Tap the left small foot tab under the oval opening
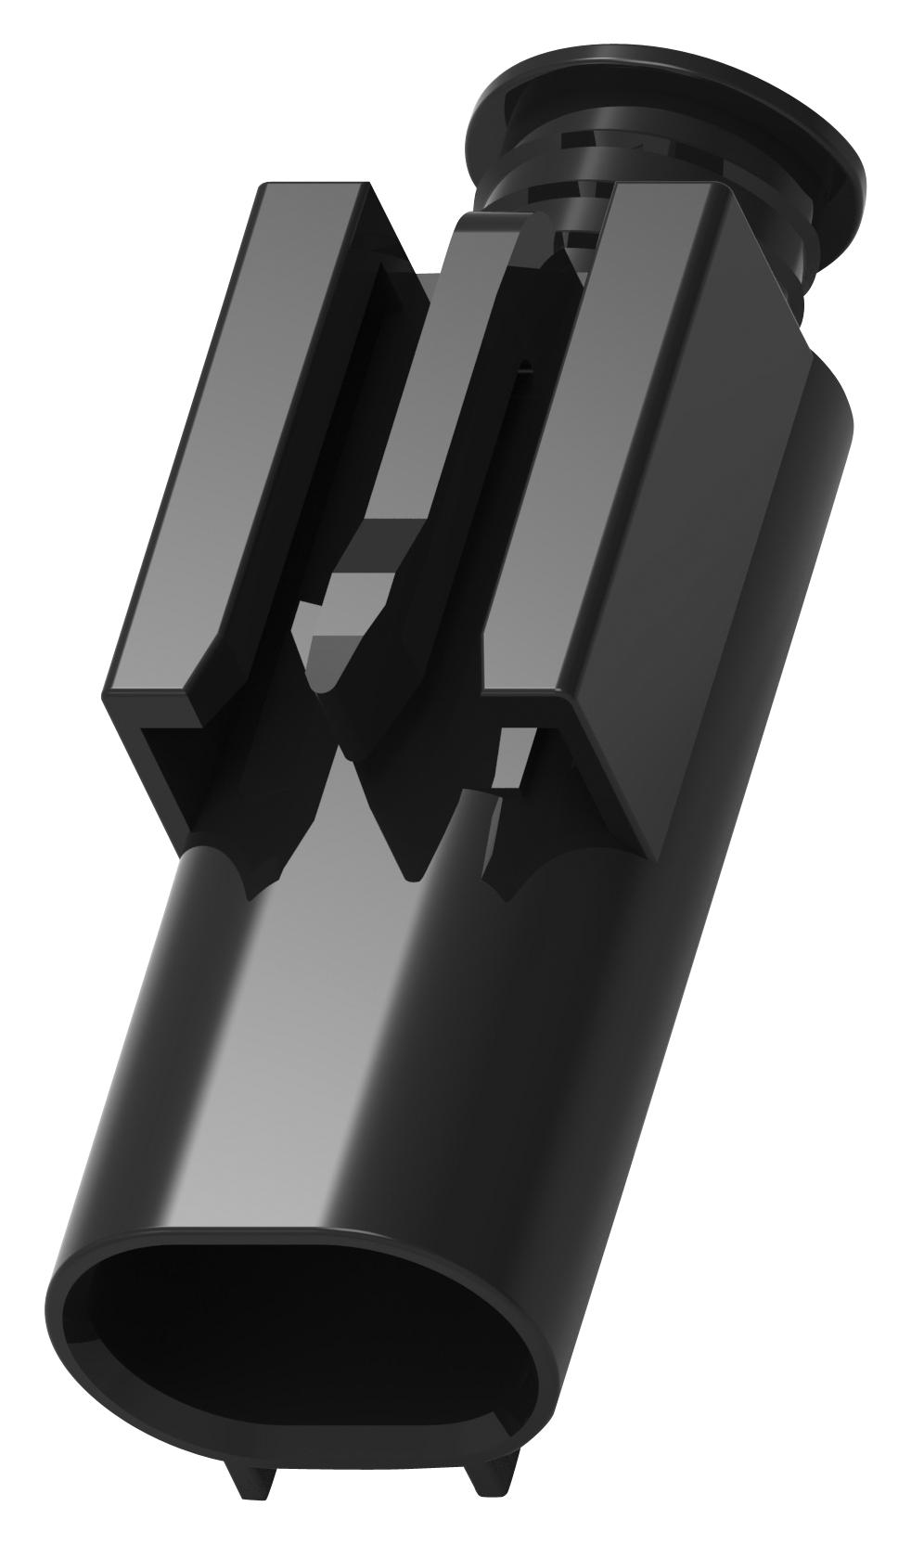pos(249,1475)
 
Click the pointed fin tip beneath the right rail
pos(507,895)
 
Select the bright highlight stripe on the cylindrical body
pos(306,1067)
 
